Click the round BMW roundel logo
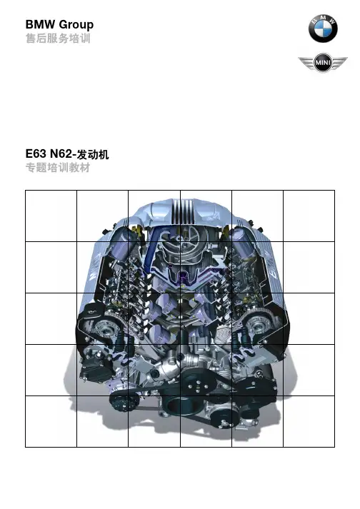click(323, 29)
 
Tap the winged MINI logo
click(323, 62)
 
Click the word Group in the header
click(76, 25)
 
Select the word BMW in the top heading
click(41, 24)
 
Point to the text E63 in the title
click(36, 153)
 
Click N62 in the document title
click(61, 153)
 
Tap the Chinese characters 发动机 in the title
click(93, 154)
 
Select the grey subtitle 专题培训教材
click(58, 168)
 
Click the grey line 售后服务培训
click(58, 39)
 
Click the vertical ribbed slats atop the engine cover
click(183, 211)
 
